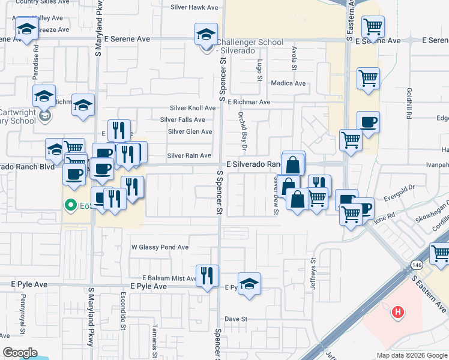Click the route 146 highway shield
point(416,265)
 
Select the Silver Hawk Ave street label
point(194,8)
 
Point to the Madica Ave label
point(288,83)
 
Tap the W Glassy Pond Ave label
point(160,247)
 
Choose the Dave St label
point(236,319)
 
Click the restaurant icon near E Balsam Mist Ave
point(208,276)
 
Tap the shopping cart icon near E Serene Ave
point(373,27)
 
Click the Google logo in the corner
point(20,353)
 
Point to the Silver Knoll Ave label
point(192,108)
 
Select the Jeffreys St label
point(313,274)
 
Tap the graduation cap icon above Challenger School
point(206,34)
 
